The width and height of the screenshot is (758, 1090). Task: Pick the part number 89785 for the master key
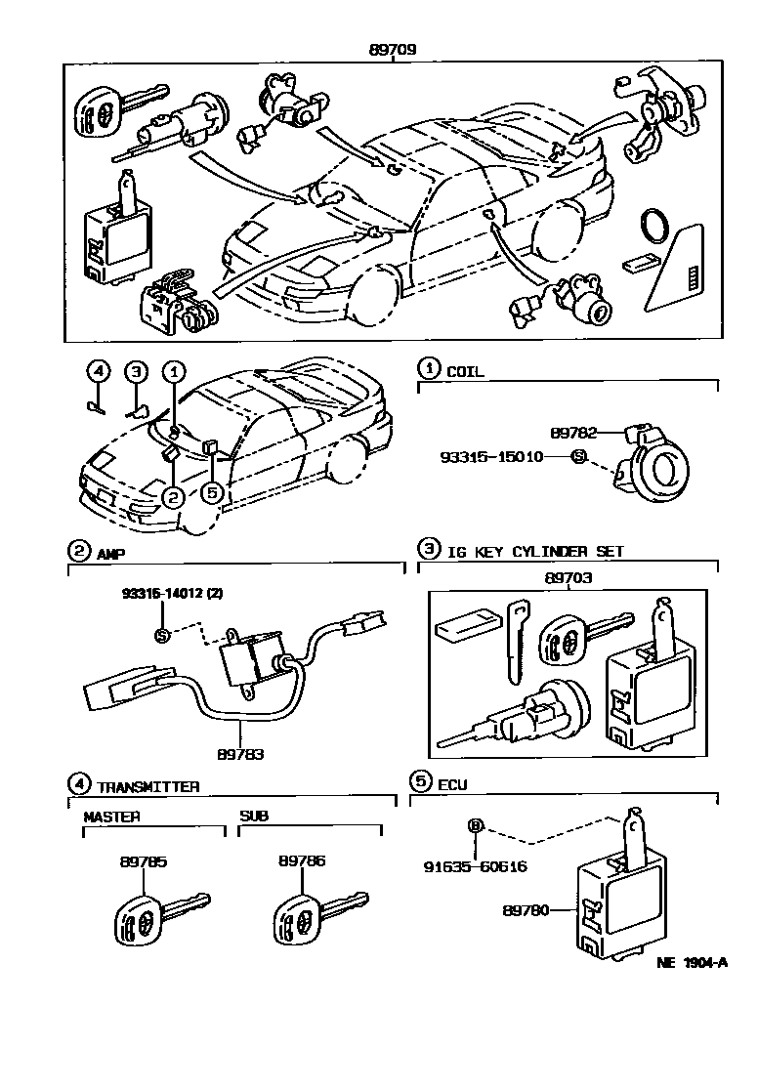[144, 861]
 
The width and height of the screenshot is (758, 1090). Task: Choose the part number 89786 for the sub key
[301, 861]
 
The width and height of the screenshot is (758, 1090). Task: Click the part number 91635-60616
[475, 865]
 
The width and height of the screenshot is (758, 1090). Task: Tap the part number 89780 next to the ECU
[525, 910]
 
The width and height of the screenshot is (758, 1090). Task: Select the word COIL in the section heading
[465, 371]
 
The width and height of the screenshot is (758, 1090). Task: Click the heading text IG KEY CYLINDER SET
[534, 551]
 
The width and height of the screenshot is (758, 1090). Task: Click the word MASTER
[111, 816]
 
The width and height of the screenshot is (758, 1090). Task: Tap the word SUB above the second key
[254, 816]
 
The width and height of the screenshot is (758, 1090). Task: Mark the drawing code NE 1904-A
[693, 962]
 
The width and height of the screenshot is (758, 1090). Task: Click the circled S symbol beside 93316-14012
[163, 636]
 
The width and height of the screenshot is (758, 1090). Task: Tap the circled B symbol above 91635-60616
[476, 826]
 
